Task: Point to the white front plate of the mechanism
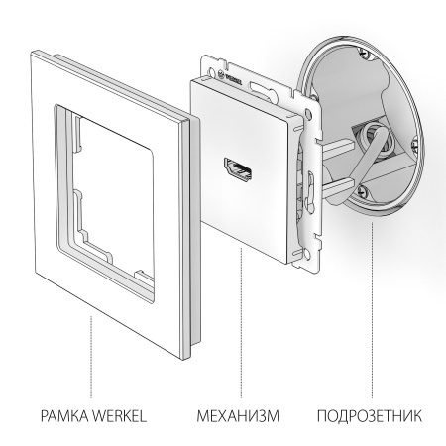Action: coord(248,198)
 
